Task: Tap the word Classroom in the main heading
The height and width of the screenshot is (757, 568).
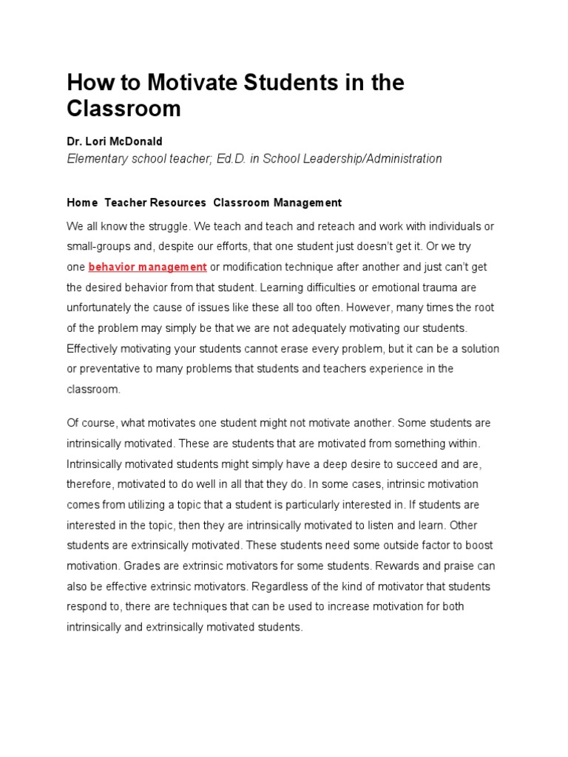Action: click(x=124, y=109)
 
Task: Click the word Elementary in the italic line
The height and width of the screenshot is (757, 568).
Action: click(x=97, y=158)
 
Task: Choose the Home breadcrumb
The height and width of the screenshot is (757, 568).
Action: click(x=82, y=203)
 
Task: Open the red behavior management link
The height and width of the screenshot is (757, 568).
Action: click(x=147, y=266)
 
